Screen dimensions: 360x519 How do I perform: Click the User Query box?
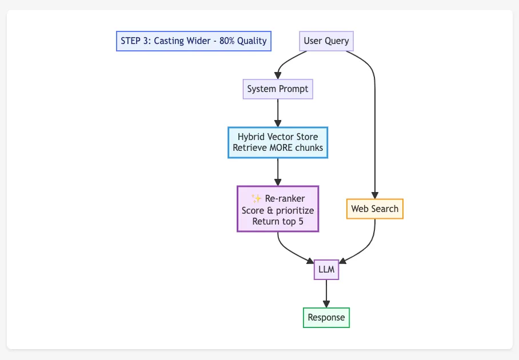tap(326, 41)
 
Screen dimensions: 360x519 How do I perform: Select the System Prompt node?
tap(278, 89)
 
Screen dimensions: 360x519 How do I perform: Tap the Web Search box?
tap(374, 209)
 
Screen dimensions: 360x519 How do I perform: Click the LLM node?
tap(326, 269)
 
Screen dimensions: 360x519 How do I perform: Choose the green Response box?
tap(326, 318)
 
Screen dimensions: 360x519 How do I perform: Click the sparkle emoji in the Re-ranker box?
tap(257, 198)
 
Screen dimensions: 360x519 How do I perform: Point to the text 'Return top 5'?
tap(278, 221)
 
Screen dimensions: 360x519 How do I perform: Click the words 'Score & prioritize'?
tap(278, 210)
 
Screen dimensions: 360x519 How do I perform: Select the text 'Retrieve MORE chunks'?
tap(278, 148)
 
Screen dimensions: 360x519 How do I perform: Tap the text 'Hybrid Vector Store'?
tap(278, 137)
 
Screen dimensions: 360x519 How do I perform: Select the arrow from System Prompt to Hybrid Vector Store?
tap(278, 113)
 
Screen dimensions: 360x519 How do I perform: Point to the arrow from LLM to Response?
tap(326, 293)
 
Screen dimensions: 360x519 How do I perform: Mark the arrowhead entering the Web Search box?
tap(374, 195)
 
